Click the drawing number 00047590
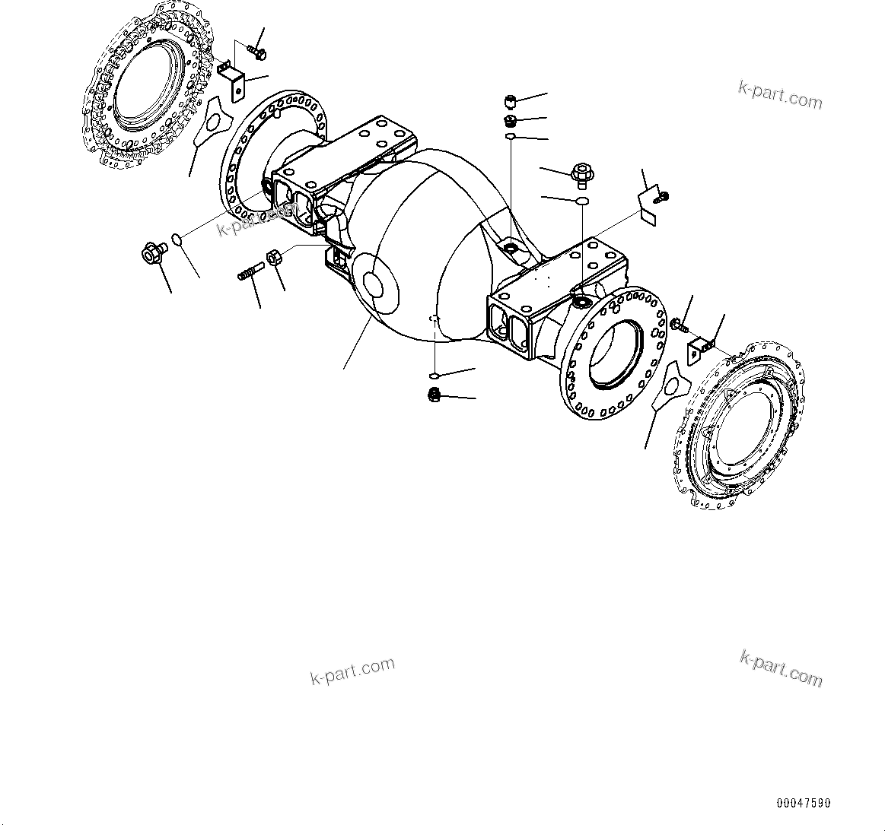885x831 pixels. [804, 803]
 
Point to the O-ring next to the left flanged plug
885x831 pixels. [177, 240]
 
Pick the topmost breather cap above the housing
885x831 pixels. [511, 101]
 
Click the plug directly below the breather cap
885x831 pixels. [511, 121]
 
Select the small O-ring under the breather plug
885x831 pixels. [511, 137]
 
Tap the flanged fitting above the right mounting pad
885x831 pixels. [581, 174]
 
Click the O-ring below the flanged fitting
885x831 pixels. [581, 201]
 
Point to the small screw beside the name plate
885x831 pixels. [662, 198]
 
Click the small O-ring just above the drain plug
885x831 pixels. [434, 376]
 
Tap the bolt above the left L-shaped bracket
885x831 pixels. [255, 52]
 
